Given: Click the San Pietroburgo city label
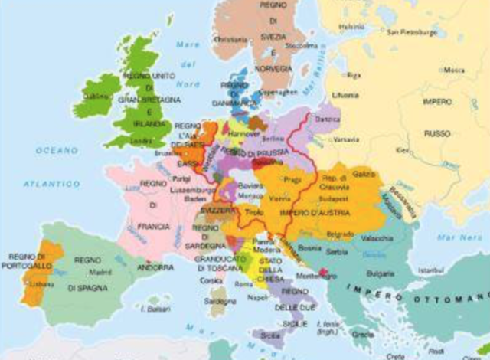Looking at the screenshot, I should click(413, 33).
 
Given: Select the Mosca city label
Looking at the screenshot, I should click(454, 70).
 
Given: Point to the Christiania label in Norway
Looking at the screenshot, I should click(233, 39).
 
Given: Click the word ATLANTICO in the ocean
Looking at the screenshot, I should click(46, 184).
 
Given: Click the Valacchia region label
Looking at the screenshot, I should click(377, 238).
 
